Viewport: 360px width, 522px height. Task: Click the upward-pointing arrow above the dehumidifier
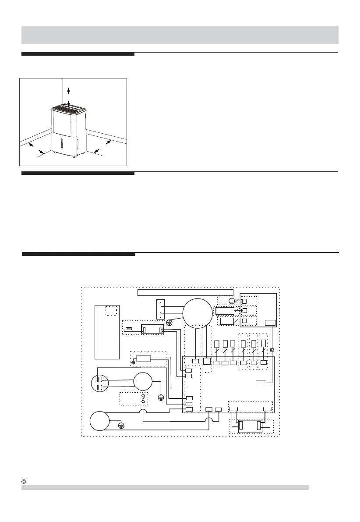click(x=68, y=90)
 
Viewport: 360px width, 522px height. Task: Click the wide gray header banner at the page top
click(x=180, y=35)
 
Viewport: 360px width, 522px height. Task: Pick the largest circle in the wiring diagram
click(x=197, y=312)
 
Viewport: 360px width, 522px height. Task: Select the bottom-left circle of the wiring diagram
click(x=101, y=422)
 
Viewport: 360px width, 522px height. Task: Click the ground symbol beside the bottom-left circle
click(x=122, y=425)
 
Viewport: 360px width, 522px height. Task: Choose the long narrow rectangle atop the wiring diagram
click(x=185, y=292)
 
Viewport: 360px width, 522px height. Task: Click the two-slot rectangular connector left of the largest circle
click(x=162, y=309)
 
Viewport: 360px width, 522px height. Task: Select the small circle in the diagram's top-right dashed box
click(x=232, y=301)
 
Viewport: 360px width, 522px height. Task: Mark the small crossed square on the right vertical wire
click(x=272, y=350)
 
